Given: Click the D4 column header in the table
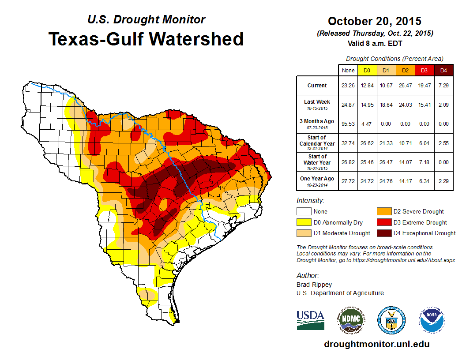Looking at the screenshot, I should (443, 70).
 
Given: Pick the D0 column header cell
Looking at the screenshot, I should (367, 70).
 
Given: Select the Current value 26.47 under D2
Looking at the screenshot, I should (405, 85).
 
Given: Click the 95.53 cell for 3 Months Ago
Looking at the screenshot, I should (348, 124).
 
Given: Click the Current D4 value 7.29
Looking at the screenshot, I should (443, 85).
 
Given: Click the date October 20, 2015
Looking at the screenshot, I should (374, 21).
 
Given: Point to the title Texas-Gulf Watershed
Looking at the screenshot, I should (146, 39).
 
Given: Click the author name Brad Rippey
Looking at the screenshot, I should (314, 285).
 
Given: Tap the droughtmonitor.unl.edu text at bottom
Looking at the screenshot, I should (376, 344).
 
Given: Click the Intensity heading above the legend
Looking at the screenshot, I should (310, 200).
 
